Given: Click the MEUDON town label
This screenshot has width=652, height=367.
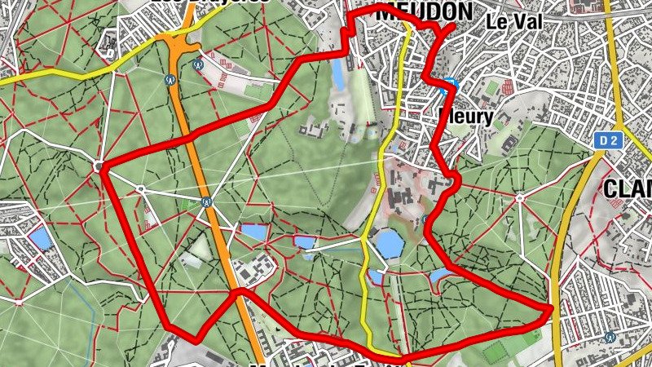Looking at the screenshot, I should (424, 11).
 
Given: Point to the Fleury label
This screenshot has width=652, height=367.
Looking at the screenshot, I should (466, 117).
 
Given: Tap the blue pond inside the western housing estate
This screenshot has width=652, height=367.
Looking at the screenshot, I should (38, 238).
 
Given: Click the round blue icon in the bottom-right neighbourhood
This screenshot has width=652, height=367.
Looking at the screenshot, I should (610, 336).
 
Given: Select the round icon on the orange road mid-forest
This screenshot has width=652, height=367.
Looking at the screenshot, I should (207, 201).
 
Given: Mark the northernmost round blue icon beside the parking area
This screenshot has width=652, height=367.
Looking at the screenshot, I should (196, 63).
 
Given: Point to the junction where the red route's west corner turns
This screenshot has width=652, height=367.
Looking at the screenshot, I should (100, 167).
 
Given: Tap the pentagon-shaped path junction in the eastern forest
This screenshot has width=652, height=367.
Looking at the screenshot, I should (520, 196).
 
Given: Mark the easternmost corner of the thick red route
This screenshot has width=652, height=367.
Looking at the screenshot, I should (552, 308).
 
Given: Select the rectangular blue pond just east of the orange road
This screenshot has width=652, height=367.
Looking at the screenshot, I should (253, 232).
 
